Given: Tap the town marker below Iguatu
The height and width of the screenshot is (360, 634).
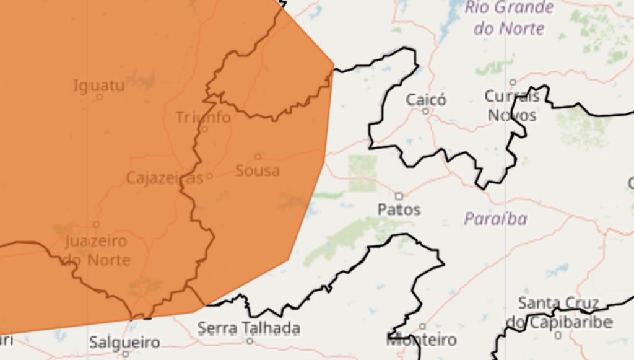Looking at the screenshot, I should tap(100, 97).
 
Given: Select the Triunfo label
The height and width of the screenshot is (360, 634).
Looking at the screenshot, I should tap(203, 117).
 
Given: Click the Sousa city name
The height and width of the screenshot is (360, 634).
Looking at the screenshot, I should tap(258, 170).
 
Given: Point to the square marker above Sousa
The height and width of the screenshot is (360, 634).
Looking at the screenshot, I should tap(258, 156).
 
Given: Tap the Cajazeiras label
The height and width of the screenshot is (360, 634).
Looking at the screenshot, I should tap(164, 178).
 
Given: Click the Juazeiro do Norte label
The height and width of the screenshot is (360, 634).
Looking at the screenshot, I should tap(97, 250).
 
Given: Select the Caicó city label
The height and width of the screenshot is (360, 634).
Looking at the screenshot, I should tap(426, 100).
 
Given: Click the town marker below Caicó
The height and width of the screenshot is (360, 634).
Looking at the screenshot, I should tap(426, 112).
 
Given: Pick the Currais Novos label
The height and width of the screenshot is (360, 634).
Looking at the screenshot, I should tap(512, 106).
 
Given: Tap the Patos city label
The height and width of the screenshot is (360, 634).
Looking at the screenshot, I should tap(399, 209).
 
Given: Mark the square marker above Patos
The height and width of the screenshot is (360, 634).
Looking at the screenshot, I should tap(399, 196).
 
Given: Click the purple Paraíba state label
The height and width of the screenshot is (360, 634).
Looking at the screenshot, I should tap(495, 219).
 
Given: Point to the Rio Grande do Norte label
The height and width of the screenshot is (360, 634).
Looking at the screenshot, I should tap(509, 17).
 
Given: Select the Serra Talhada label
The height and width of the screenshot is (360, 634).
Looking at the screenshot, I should tap(249, 328).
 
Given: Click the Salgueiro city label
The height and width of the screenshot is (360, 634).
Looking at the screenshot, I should tap(124, 342).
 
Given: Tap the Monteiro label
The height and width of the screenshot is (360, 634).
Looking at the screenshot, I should tap(422, 340).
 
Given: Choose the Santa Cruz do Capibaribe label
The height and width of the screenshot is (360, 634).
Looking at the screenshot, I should tap(558, 312).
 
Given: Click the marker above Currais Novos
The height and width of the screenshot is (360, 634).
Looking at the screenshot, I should tap(513, 82).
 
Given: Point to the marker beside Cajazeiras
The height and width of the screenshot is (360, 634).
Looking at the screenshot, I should tap(209, 176).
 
